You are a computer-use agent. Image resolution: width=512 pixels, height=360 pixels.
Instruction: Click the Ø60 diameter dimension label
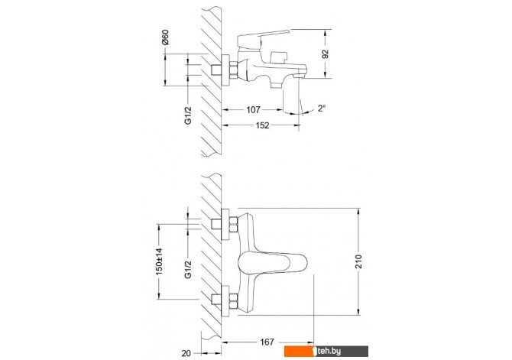point(166,37)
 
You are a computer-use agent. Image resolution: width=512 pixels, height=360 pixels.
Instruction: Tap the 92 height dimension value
point(326,54)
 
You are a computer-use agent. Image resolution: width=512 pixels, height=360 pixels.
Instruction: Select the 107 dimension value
point(253,110)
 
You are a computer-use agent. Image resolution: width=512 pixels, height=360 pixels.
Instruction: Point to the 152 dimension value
point(262,125)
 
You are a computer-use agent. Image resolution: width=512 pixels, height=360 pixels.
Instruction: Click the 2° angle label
point(322,108)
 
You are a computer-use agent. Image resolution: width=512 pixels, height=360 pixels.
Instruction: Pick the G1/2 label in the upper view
point(188,115)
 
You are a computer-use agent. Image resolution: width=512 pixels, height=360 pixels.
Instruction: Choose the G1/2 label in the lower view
point(188,270)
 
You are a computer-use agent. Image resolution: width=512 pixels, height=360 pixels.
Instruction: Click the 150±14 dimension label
point(159,261)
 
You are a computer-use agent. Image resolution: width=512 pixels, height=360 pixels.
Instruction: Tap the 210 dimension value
point(358,261)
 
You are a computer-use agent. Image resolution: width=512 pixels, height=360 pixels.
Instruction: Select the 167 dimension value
point(267,342)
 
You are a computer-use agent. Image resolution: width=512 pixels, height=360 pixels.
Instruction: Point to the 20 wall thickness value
point(186,353)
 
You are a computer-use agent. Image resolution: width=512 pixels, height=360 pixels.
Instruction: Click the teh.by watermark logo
point(326,351)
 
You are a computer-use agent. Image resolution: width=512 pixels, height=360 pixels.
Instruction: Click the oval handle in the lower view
point(273,262)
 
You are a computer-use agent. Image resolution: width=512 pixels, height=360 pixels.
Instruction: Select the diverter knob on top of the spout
point(277,58)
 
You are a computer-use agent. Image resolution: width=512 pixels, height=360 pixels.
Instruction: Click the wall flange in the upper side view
point(225,70)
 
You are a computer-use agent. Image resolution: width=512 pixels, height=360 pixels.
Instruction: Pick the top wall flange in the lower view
point(225,224)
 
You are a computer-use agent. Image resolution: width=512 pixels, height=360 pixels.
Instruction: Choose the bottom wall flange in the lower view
point(225,301)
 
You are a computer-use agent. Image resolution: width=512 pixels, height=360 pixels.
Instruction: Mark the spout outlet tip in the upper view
point(300,76)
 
